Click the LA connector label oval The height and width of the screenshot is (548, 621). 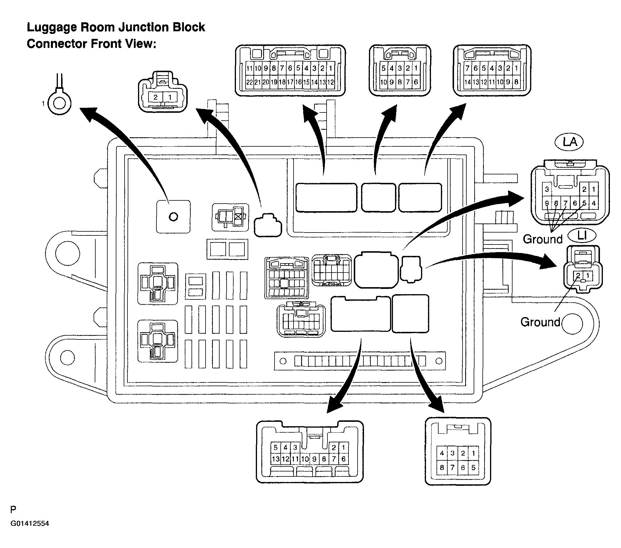point(569,142)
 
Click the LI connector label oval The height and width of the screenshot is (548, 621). point(582,235)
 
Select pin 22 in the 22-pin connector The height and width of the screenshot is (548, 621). point(249,82)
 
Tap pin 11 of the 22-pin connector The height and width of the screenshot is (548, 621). point(249,68)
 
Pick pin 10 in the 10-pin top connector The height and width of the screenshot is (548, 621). point(384,82)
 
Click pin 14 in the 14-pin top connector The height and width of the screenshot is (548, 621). point(468,82)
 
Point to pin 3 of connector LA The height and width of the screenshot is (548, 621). point(547,190)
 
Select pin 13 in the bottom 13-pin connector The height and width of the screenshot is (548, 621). point(275,459)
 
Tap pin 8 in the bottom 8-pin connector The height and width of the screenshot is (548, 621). point(442,468)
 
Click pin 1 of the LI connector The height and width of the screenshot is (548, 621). point(588,276)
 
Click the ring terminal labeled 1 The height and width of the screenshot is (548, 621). point(60,103)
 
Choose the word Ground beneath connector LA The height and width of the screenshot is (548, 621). point(543,239)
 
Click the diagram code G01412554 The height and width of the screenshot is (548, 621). point(30,523)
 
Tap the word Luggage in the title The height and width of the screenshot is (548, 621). point(51,27)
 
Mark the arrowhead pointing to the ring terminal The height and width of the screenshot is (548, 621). point(89,114)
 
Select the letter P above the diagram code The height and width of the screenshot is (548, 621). point(13,509)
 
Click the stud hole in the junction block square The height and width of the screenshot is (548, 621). point(173,217)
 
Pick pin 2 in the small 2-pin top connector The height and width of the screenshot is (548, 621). point(156,97)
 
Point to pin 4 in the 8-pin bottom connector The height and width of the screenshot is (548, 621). point(442,453)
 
